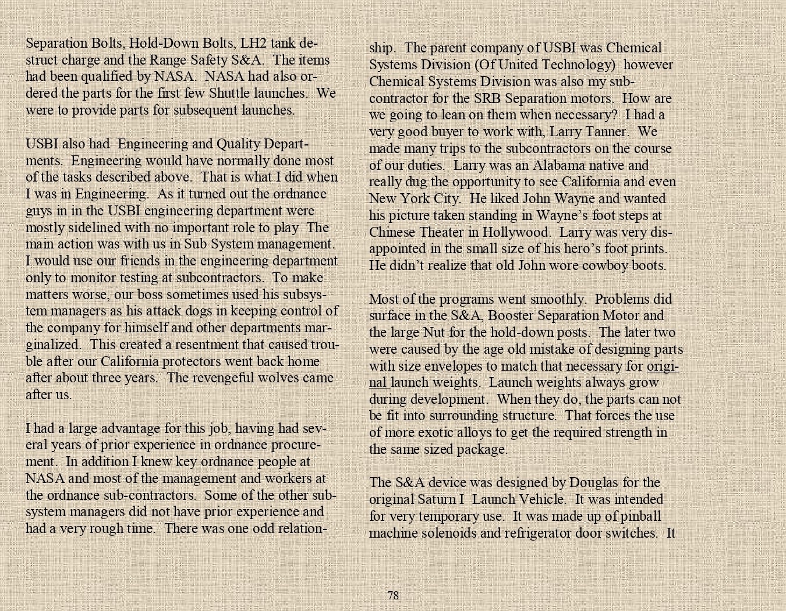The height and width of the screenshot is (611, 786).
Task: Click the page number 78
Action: (x=393, y=595)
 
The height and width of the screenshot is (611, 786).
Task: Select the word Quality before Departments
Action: (x=238, y=144)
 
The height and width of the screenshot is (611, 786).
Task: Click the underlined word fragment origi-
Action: (x=663, y=366)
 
